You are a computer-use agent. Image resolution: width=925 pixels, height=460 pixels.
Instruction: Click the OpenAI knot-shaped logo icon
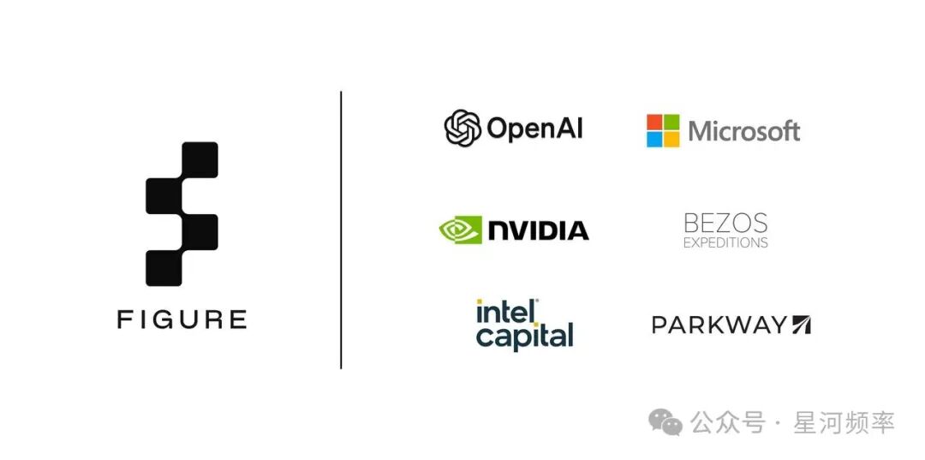(463, 128)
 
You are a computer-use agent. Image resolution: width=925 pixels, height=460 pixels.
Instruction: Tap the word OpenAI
(535, 128)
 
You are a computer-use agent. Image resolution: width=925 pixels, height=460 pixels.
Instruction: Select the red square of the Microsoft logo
(655, 122)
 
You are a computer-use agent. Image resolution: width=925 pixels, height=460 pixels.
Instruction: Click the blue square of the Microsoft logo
(655, 139)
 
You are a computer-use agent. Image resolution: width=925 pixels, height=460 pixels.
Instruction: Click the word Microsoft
(744, 131)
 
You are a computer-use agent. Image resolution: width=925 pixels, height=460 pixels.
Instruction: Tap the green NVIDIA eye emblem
(460, 230)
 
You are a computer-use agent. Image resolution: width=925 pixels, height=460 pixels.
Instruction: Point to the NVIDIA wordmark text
(538, 230)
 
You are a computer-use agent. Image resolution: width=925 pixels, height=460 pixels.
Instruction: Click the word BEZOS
(725, 224)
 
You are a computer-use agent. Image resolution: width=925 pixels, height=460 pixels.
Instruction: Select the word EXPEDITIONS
(725, 242)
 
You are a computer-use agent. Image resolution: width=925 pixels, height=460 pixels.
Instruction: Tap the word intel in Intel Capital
(507, 312)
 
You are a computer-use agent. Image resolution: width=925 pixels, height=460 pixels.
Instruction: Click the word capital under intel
(524, 336)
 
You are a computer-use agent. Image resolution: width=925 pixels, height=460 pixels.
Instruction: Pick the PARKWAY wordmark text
(719, 325)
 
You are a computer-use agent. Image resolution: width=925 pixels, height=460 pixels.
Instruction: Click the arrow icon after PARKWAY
(801, 325)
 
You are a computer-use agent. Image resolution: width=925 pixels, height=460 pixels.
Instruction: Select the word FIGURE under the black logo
(182, 320)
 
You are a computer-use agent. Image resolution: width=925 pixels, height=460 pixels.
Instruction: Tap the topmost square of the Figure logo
(200, 160)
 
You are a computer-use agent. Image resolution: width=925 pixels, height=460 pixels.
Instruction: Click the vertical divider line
(341, 230)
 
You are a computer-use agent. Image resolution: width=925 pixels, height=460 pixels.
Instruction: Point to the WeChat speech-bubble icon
(665, 422)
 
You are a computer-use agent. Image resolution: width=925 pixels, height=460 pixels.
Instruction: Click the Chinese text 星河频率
(844, 423)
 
